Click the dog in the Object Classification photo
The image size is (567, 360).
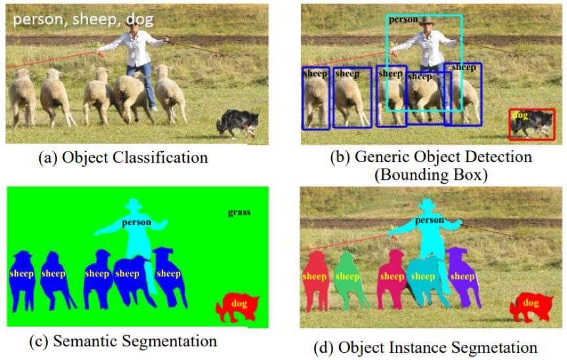click(x=237, y=123)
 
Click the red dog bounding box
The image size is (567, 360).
click(x=532, y=124)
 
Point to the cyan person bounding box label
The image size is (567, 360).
click(x=403, y=20)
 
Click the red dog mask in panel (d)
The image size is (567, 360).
click(x=531, y=306)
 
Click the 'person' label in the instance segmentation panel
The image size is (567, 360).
click(x=429, y=222)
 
